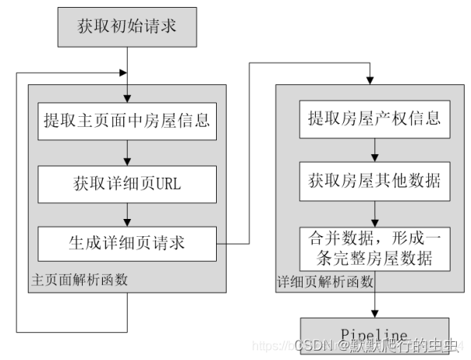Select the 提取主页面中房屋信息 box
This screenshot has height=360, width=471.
pyautogui.click(x=126, y=121)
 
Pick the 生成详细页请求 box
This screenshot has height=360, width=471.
pyautogui.click(x=126, y=242)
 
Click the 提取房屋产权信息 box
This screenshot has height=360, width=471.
pyautogui.click(x=375, y=118)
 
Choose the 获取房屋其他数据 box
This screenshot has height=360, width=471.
pyautogui.click(x=375, y=181)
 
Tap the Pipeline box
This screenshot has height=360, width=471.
pyautogui.click(x=375, y=335)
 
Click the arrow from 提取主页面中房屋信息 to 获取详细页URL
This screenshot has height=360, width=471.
pyautogui.click(x=126, y=152)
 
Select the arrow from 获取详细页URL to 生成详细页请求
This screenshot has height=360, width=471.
pyautogui.click(x=126, y=213)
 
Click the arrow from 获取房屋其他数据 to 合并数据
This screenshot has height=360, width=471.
pyautogui.click(x=375, y=211)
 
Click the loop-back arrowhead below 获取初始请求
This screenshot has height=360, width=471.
pyautogui.click(x=120, y=72)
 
